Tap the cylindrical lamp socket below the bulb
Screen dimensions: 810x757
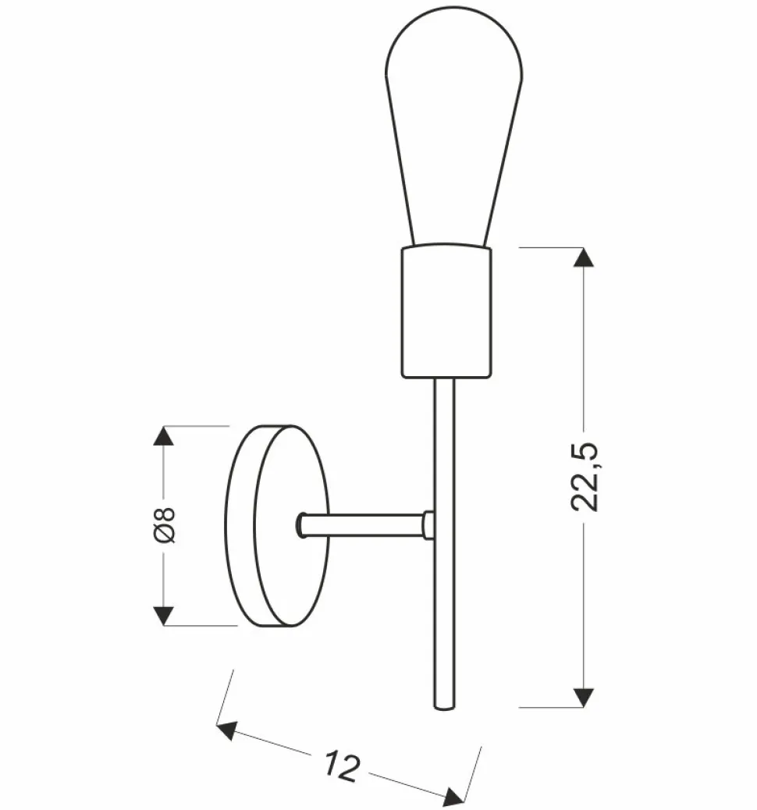coord(446,312)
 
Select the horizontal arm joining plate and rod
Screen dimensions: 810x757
coord(363,525)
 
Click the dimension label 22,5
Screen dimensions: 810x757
coord(585,477)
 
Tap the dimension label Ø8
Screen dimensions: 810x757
coord(165,524)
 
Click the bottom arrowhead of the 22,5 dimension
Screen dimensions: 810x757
coord(584,697)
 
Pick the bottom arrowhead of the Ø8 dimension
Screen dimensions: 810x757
coord(162,615)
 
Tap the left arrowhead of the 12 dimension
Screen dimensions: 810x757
coord(227,731)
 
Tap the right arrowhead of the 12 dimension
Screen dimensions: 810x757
coord(454,797)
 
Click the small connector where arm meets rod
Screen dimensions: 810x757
coord(428,525)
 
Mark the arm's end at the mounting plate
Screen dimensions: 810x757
coord(301,525)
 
